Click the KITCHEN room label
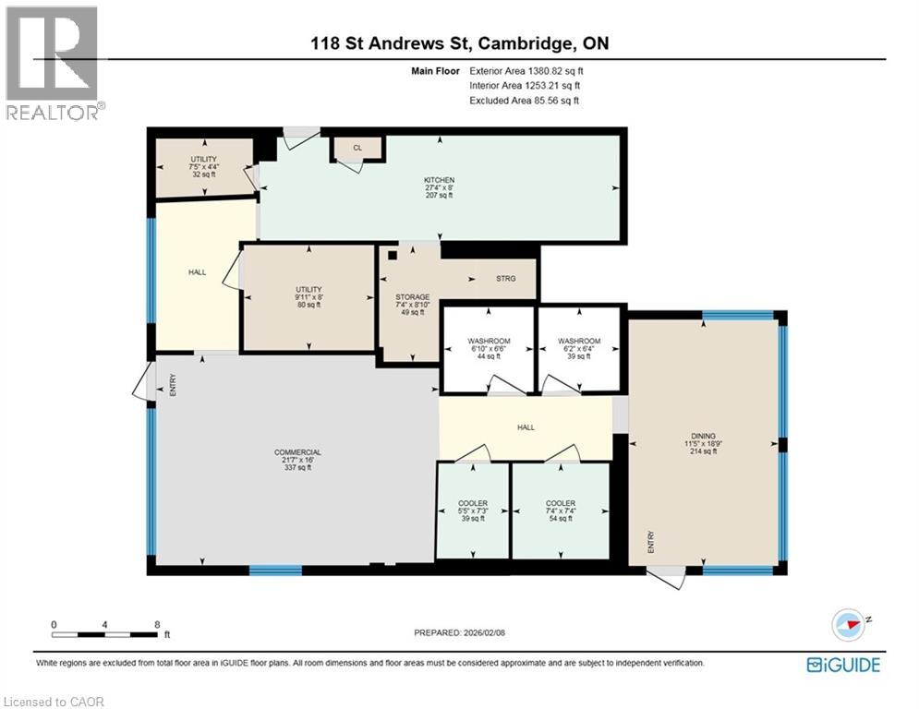tap(439, 180)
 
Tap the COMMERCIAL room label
tap(297, 452)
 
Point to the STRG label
tap(504, 278)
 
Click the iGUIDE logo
tap(843, 665)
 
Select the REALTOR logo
tap(54, 63)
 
